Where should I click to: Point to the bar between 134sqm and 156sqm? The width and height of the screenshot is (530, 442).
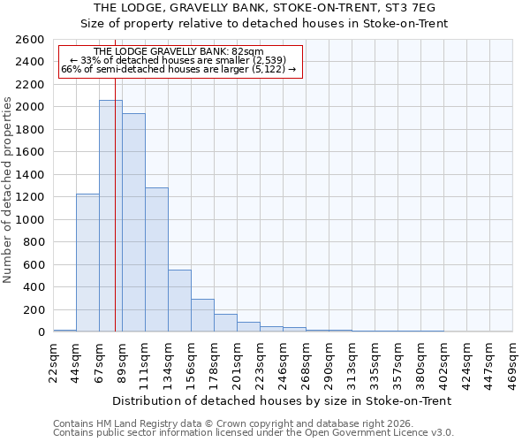pyautogui.click(x=179, y=301)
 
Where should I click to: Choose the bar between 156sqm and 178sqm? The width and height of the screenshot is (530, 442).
pyautogui.click(x=202, y=316)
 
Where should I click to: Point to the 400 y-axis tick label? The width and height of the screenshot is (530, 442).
pyautogui.click(x=34, y=287)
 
